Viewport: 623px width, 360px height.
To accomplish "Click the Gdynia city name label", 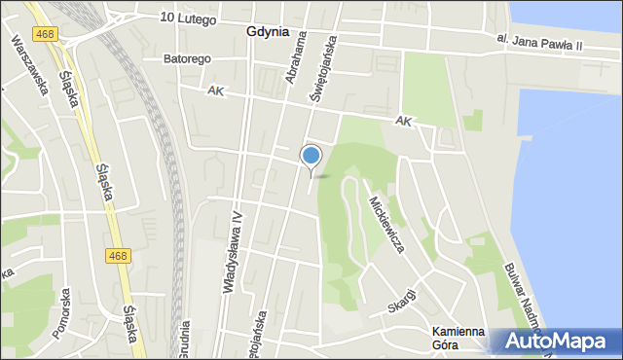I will [268, 31].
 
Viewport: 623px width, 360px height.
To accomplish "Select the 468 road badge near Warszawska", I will [44, 34].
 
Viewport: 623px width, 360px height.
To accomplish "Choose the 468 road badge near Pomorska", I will [118, 256].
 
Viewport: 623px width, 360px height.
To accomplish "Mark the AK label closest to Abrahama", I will [216, 90].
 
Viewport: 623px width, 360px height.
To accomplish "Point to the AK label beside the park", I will [404, 122].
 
